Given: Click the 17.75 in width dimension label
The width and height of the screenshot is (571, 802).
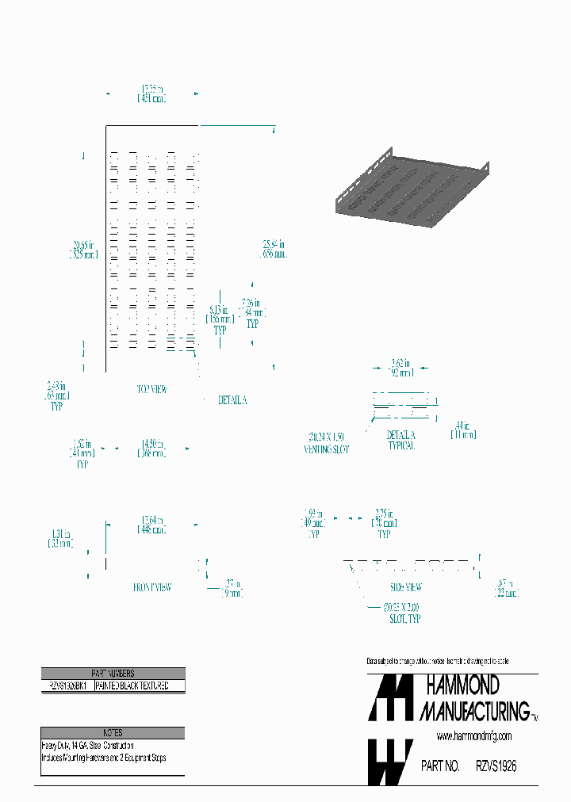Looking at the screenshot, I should coord(152,94).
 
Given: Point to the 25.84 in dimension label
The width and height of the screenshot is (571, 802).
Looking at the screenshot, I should coord(274,250).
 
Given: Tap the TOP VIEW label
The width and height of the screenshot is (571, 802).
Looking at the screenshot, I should coord(152,390).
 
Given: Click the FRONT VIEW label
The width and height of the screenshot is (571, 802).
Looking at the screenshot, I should coord(152,587).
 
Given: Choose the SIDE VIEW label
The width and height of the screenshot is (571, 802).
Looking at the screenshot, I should coord(405,587).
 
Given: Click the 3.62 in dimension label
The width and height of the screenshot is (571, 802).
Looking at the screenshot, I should coord(400,368).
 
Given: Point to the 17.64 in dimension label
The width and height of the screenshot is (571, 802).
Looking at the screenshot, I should coord(152,525).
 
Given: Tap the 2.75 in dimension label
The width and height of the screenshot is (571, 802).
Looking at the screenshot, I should coord(384,517).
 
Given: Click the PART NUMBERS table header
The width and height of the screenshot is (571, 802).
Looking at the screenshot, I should coord(113,673).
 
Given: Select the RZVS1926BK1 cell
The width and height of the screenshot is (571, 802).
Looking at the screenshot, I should coord(67,686).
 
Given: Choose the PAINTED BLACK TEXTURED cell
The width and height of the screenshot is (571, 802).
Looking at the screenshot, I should coord(139,686).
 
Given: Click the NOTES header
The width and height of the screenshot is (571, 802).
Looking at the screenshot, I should coord(113,733).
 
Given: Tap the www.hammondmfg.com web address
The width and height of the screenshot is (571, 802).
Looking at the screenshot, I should coord(473,736).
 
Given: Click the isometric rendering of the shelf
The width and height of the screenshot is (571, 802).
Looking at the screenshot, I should coord(408,189).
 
